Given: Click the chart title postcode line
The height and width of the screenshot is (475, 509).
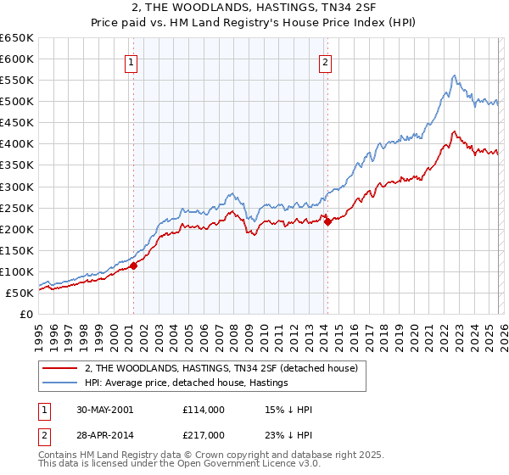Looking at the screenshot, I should pos(255,8).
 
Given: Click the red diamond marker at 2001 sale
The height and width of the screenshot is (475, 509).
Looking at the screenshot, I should pos(134,265).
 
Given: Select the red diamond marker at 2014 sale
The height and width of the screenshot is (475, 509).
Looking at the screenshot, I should pos(327,222).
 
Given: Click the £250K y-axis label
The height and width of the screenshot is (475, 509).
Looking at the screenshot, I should pos(17,208).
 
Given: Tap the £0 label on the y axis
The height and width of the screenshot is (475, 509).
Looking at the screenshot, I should pos(25,314).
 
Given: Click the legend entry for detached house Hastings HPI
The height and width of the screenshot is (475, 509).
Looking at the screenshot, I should pos(186,383).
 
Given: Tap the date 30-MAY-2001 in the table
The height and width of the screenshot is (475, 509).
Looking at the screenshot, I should pos(97,410).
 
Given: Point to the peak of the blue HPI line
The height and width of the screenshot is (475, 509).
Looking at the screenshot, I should pos(455,75).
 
